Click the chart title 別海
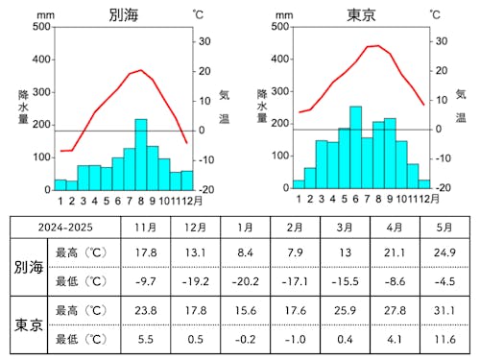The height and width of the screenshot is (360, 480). pos(124,14)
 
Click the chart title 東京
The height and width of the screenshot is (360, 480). pos(363,14)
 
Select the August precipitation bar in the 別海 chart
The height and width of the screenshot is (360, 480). pos(141,155)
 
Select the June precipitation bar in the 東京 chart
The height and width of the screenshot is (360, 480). pos(355,148)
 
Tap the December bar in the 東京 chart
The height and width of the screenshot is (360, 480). pos(424,184)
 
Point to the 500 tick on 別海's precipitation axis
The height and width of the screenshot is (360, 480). pos(41,26)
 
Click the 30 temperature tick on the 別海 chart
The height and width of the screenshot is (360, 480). pos(204,41)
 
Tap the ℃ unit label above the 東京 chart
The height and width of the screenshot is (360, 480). pos(435,14)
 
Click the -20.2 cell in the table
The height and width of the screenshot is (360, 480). pos(245,280)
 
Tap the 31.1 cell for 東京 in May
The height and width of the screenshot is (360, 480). pos(443,312)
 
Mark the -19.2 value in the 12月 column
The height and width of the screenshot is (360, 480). pos(195,280)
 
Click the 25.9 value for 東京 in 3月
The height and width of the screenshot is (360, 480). pos(344,312)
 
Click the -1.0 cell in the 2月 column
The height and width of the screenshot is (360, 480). pos(295,339)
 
